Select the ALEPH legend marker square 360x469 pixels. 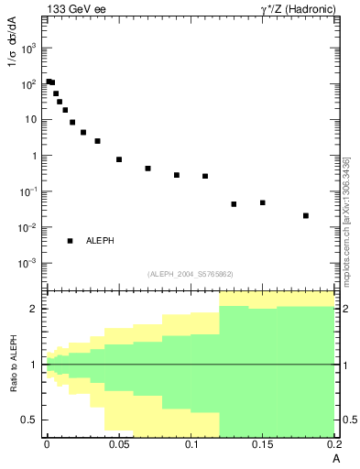click(x=70, y=241)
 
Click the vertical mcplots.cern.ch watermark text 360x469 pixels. click(x=346, y=220)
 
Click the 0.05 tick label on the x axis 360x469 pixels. click(x=118, y=445)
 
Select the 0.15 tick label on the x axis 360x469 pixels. click(x=263, y=445)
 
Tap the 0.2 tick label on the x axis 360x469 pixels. click(x=333, y=445)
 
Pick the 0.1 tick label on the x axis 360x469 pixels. click(x=191, y=445)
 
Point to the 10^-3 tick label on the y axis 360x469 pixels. click(x=28, y=263)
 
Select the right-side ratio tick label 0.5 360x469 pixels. click(x=350, y=420)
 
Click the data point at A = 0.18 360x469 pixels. click(x=306, y=216)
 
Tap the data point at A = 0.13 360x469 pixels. click(x=234, y=204)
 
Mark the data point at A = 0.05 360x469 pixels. click(x=119, y=159)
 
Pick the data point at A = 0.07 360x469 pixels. click(x=147, y=169)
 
